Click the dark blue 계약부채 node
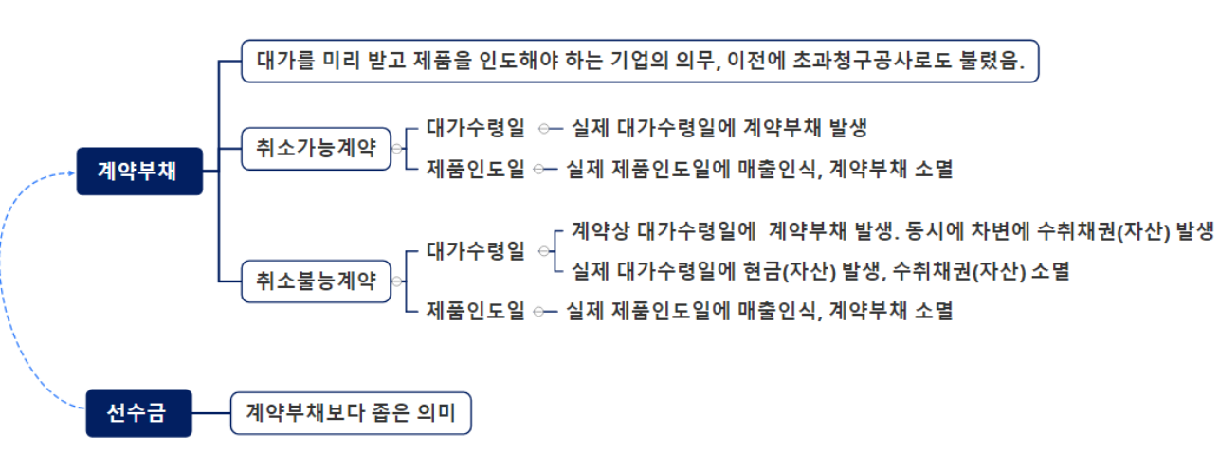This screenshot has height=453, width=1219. click(138, 172)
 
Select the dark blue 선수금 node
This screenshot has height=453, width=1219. click(138, 413)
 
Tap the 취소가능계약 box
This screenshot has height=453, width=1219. click(316, 149)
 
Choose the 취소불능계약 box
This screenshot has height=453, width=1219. click(316, 281)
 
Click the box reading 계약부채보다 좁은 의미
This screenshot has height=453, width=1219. click(351, 413)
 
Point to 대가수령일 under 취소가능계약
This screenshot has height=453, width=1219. click(475, 127)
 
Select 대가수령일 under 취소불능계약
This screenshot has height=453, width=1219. click(475, 251)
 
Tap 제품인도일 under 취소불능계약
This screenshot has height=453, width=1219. click(475, 310)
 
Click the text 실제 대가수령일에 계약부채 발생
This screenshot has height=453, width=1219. click(719, 127)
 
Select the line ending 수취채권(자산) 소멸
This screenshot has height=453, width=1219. click(821, 271)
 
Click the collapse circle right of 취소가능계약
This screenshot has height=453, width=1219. click(396, 149)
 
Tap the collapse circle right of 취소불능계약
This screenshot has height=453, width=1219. click(396, 281)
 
